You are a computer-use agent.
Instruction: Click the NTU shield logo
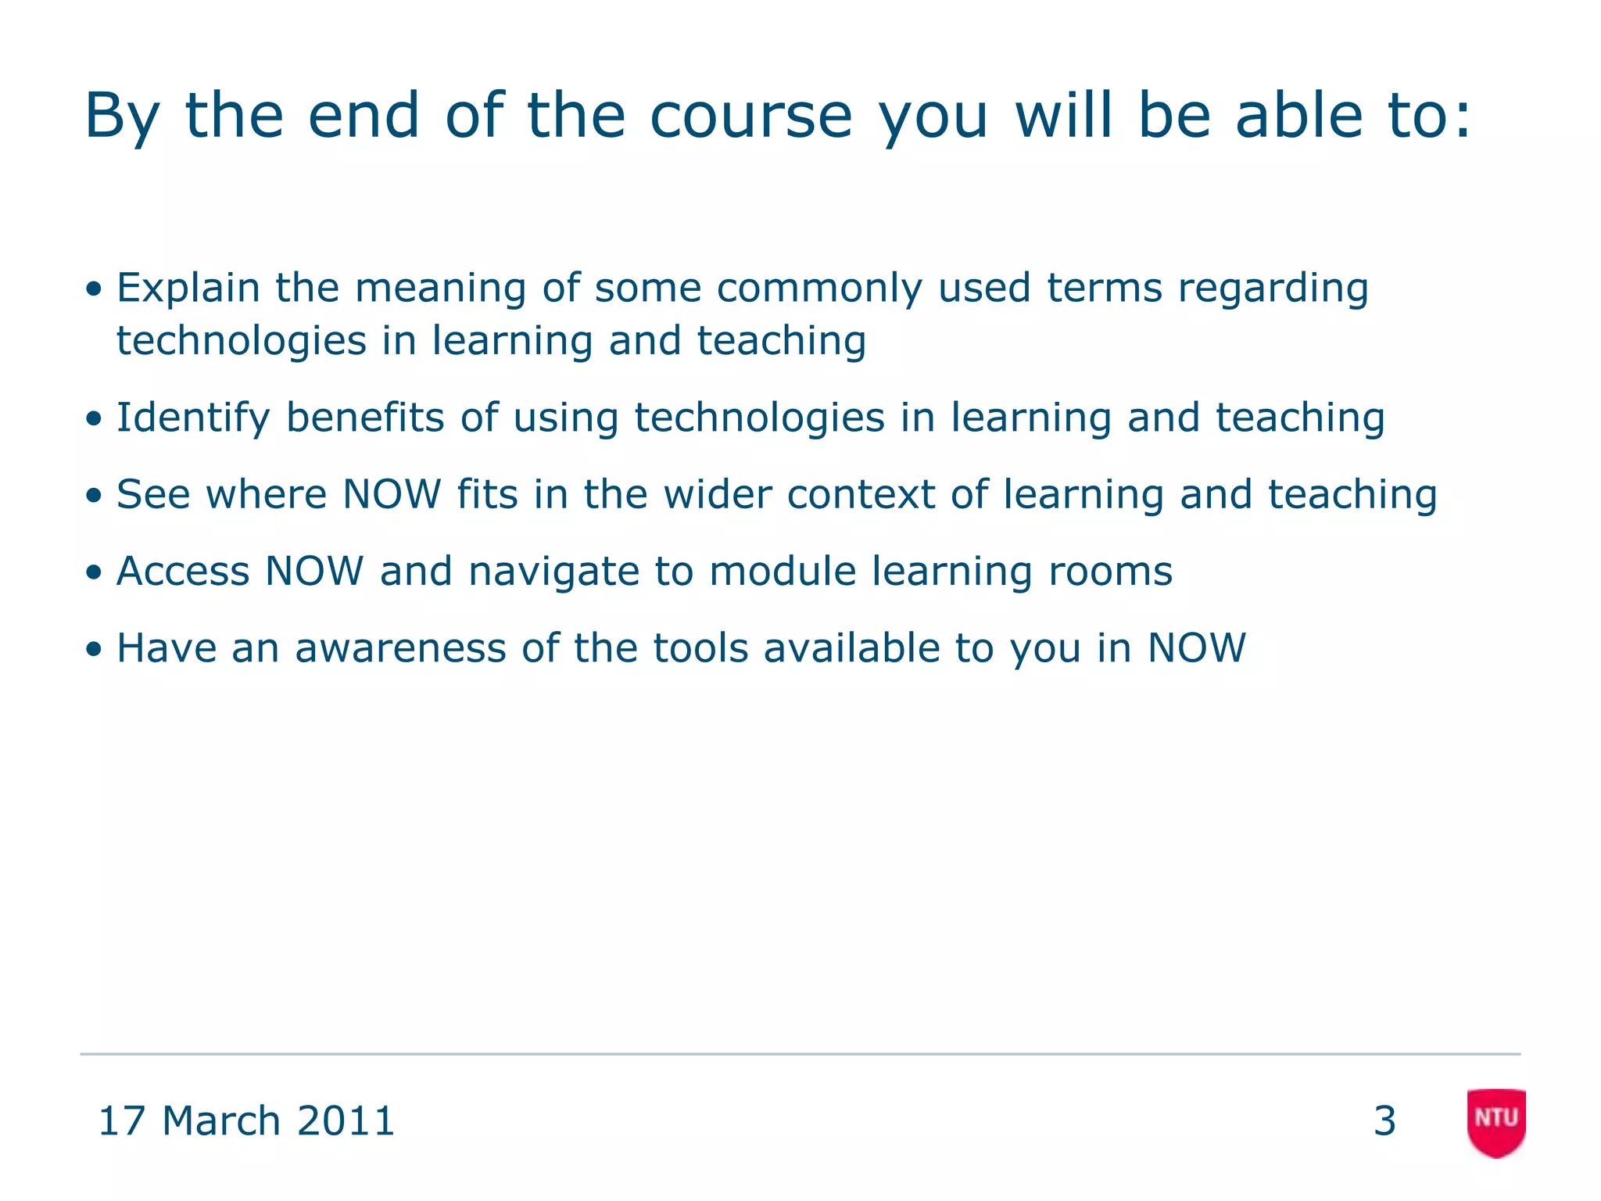(x=1496, y=1121)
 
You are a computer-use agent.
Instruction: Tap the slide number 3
(x=1384, y=1121)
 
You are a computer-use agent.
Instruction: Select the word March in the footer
(x=221, y=1121)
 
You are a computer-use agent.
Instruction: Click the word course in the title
(x=750, y=116)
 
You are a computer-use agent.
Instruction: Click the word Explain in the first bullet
(x=188, y=288)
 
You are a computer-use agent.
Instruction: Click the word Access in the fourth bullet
(x=182, y=571)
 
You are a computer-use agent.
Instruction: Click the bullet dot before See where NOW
(x=94, y=496)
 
